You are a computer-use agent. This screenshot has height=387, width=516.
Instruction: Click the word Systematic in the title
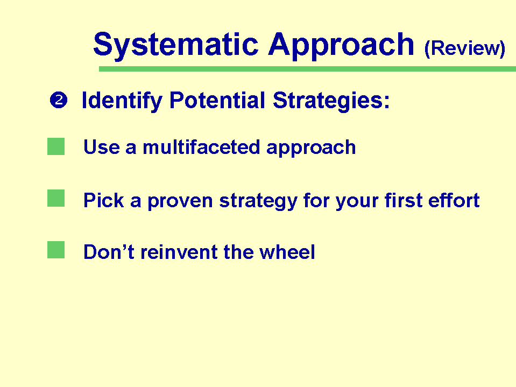pyautogui.click(x=176, y=45)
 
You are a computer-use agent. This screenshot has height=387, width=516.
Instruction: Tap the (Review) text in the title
pyautogui.click(x=465, y=49)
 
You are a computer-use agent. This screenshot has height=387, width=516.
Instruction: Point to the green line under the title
pyautogui.click(x=307, y=69)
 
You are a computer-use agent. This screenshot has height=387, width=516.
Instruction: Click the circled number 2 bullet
pyautogui.click(x=59, y=100)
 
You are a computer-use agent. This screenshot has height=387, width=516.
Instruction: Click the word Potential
pyautogui.click(x=217, y=100)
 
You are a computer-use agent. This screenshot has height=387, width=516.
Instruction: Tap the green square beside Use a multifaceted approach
pyautogui.click(x=56, y=146)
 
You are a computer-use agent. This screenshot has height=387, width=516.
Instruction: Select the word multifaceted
pyautogui.click(x=201, y=147)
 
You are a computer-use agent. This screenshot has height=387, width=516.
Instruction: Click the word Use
pyautogui.click(x=102, y=147)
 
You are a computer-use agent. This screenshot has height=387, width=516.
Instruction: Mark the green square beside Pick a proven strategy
pyautogui.click(x=56, y=198)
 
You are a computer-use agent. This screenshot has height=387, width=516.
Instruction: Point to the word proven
pyautogui.click(x=180, y=201)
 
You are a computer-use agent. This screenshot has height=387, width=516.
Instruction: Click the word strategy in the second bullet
pyautogui.click(x=258, y=201)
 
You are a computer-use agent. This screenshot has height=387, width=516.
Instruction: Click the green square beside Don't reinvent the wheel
pyautogui.click(x=56, y=250)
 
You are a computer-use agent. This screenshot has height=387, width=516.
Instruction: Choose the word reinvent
pyautogui.click(x=179, y=252)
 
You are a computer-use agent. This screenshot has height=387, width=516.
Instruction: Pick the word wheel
pyautogui.click(x=287, y=252)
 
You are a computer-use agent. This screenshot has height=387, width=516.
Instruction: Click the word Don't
pyautogui.click(x=109, y=252)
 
